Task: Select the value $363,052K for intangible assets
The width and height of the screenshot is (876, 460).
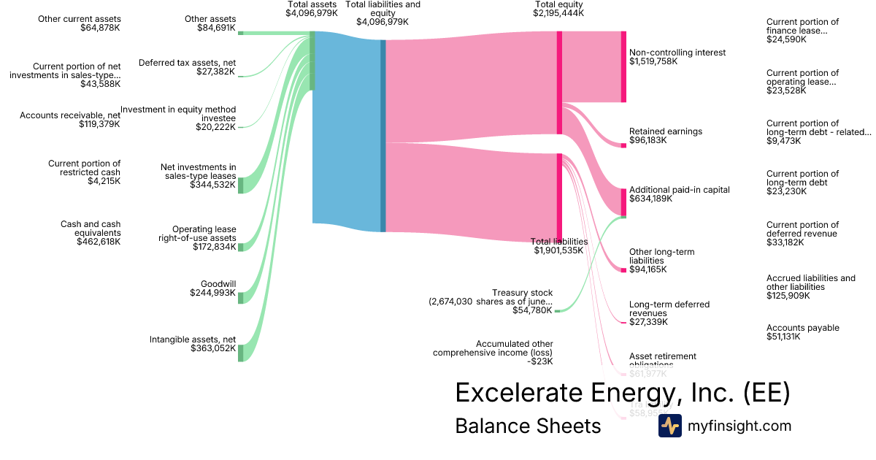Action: [212, 348]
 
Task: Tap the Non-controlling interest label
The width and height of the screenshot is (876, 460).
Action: [677, 53]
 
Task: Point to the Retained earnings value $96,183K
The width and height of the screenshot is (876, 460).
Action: [648, 140]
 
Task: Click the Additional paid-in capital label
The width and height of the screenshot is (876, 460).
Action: [679, 190]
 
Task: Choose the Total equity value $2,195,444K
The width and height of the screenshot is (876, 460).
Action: [558, 13]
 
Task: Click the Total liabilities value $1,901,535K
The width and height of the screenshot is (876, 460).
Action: [558, 250]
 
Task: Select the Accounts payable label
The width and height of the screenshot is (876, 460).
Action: [802, 328]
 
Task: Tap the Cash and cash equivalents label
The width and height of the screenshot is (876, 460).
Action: [91, 229]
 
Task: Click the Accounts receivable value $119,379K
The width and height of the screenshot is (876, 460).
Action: [99, 124]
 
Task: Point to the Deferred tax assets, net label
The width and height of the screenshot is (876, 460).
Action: [187, 63]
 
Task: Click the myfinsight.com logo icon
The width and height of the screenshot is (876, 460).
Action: [669, 426]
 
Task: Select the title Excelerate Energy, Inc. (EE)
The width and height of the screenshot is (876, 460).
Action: [622, 393]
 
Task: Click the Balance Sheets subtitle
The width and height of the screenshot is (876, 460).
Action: [528, 426]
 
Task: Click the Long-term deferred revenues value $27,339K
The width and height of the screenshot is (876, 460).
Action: [648, 322]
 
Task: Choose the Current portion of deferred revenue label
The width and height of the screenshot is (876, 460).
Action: [802, 229]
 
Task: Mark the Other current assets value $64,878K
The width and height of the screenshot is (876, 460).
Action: [101, 28]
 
